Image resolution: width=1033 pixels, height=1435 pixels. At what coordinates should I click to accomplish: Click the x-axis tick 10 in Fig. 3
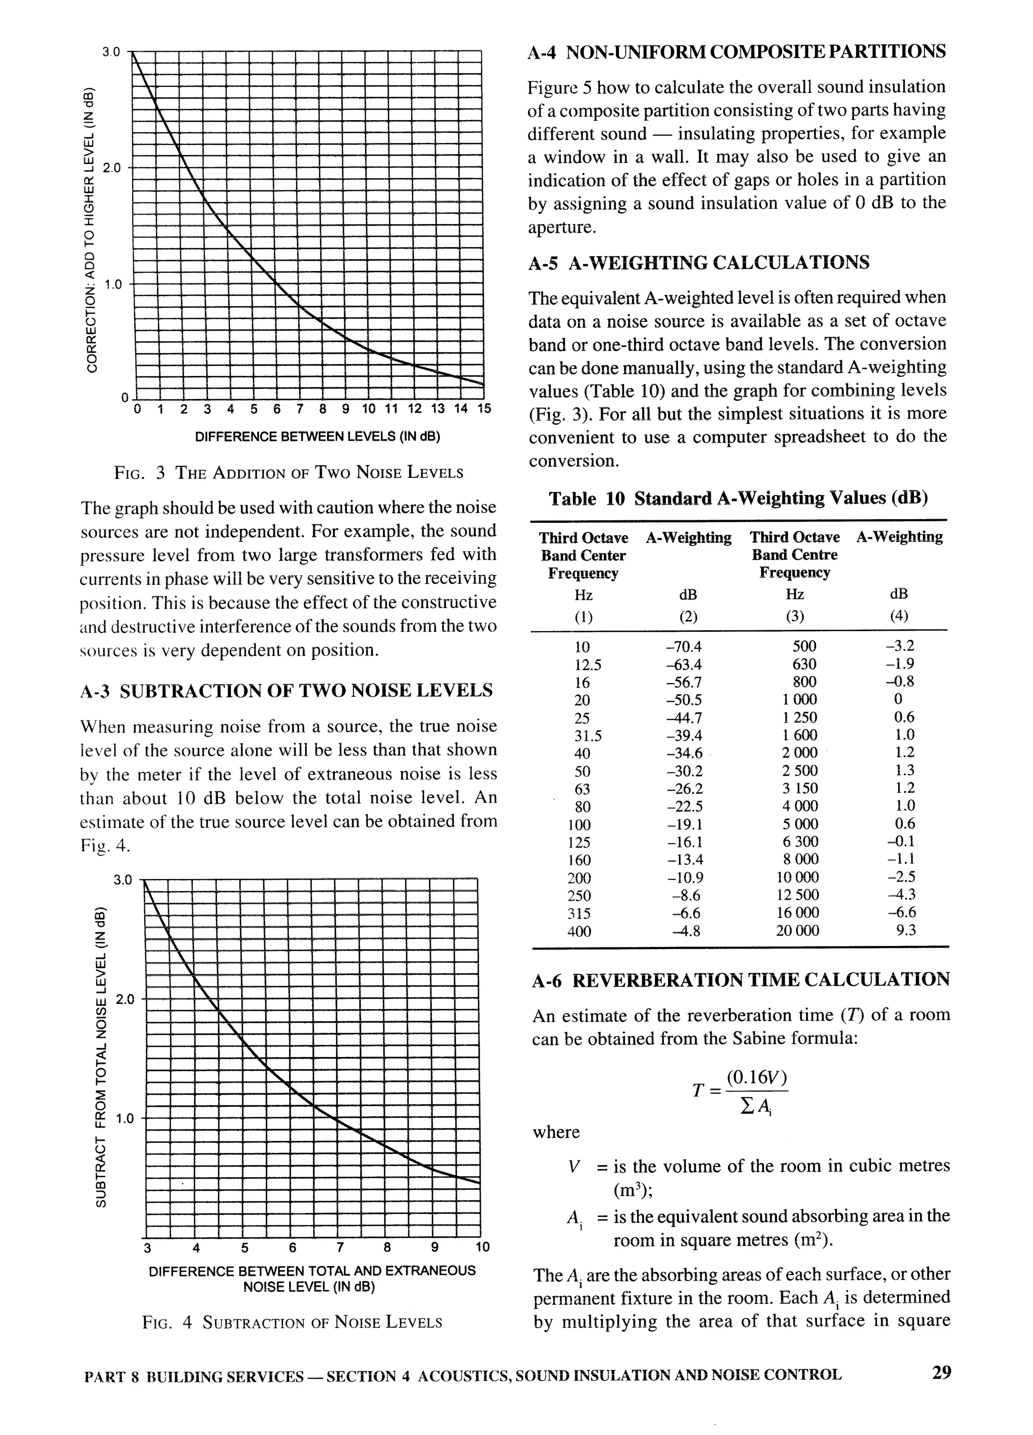point(368,409)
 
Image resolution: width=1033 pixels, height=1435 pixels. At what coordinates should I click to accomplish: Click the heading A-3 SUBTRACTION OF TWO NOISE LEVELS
point(286,690)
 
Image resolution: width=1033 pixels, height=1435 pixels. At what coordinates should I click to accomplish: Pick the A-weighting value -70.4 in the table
point(684,646)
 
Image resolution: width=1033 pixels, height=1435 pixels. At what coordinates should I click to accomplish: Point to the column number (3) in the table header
point(794,616)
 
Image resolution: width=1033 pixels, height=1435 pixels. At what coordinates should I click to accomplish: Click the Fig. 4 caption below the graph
point(292,1322)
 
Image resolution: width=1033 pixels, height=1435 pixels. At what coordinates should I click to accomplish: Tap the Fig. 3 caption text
point(289,473)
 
